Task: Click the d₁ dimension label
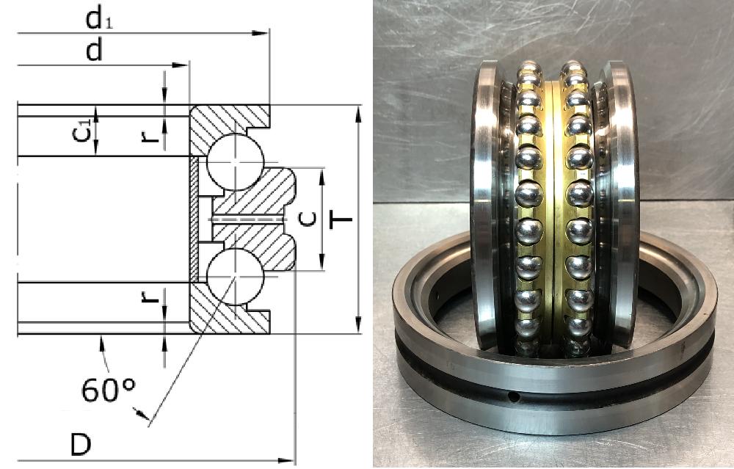click(x=99, y=19)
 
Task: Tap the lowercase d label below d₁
click(x=94, y=50)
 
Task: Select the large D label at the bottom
click(x=81, y=444)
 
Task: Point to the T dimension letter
click(x=341, y=219)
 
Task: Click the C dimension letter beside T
click(x=308, y=219)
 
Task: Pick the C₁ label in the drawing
click(x=81, y=131)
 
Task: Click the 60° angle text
click(x=109, y=390)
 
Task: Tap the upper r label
click(x=150, y=136)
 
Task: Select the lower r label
click(x=150, y=296)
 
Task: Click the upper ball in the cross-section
click(x=236, y=162)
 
